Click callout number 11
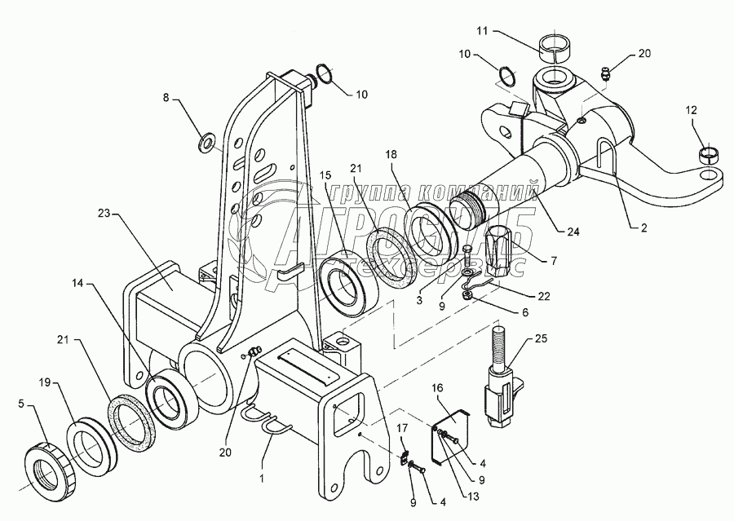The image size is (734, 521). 481,31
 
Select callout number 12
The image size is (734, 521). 692,110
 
